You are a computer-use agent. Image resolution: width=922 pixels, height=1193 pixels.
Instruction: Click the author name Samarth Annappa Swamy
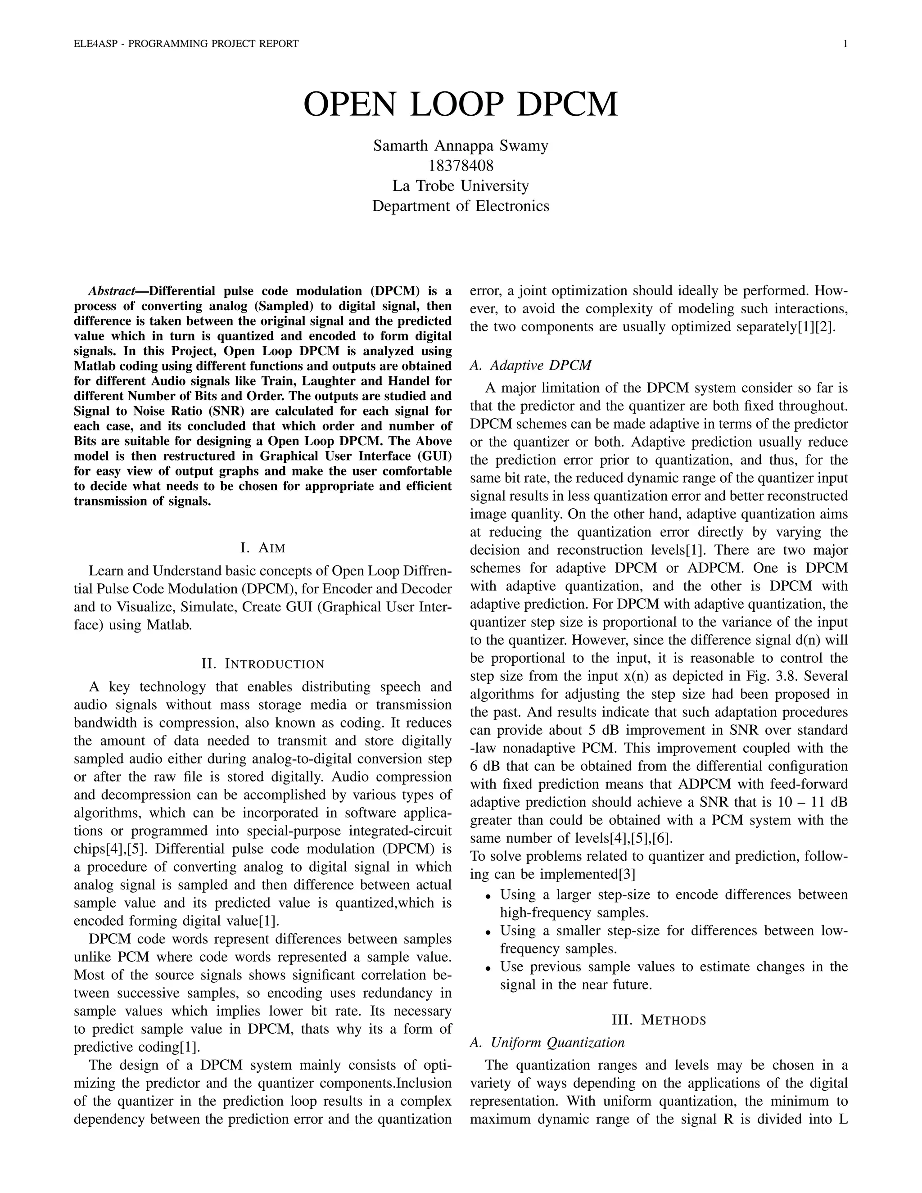[x=461, y=146]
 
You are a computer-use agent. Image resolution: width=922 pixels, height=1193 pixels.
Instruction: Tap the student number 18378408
[x=461, y=166]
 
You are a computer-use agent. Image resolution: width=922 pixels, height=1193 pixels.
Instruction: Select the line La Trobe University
[x=461, y=186]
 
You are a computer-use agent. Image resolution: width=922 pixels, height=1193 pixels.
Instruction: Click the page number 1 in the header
[x=845, y=44]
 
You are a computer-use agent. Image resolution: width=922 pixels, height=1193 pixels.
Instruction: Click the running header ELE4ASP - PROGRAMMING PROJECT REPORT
[x=186, y=44]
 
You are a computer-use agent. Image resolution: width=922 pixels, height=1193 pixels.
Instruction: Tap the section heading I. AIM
[x=263, y=547]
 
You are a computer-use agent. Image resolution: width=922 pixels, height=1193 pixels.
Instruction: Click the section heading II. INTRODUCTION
[x=263, y=664]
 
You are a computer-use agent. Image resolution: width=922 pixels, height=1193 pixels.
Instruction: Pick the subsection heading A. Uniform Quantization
[x=547, y=1043]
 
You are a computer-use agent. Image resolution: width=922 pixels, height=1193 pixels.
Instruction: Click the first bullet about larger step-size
[x=673, y=895]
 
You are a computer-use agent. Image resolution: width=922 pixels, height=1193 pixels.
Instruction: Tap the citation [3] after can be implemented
[x=627, y=875]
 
